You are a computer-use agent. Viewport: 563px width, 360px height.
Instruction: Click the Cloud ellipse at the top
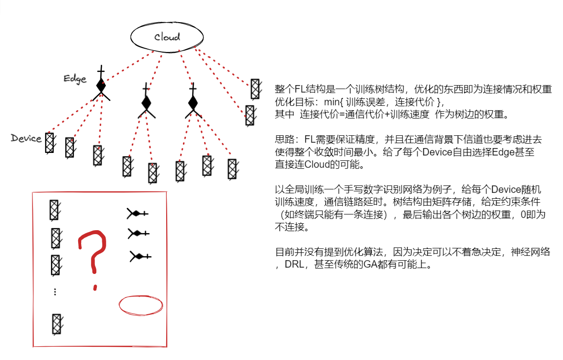(167, 37)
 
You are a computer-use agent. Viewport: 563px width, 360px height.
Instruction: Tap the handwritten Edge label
(75, 79)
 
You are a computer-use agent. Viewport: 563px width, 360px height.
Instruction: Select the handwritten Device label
(26, 138)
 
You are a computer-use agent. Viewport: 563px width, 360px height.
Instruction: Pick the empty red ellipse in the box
(141, 305)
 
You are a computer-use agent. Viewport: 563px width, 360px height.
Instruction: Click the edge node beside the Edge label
(101, 86)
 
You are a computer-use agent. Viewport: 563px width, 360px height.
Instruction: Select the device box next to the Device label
(49, 143)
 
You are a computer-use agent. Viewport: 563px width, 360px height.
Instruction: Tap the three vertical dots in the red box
(55, 292)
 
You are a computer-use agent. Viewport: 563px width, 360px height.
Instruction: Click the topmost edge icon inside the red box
(138, 213)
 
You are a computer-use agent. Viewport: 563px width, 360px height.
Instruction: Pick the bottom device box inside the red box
(57, 324)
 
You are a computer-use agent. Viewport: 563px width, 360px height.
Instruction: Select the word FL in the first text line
(301, 90)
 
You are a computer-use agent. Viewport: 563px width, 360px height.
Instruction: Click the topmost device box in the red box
(54, 210)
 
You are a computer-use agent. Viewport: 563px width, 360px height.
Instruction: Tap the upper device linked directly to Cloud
(255, 89)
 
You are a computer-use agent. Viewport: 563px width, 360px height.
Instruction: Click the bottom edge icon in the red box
(140, 256)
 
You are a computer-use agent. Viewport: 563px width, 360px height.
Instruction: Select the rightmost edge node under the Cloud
(193, 103)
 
